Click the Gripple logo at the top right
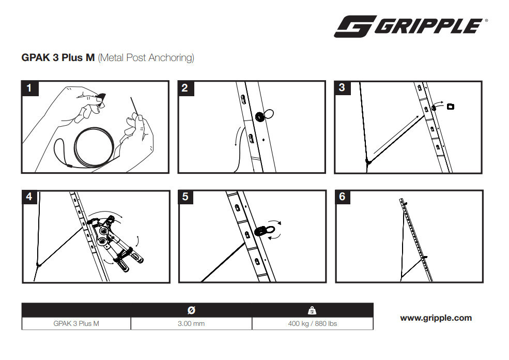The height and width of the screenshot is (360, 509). click(x=411, y=26)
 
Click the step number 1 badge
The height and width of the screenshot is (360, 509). click(x=29, y=88)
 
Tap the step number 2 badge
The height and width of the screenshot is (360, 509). click(x=186, y=88)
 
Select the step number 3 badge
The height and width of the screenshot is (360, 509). click(x=342, y=88)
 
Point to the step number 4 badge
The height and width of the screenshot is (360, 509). click(x=29, y=197)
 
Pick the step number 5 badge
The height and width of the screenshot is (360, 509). click(x=186, y=197)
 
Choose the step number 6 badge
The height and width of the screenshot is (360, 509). click(x=343, y=197)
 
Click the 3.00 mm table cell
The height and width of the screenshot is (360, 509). click(x=191, y=324)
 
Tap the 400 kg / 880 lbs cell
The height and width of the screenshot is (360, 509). click(x=313, y=324)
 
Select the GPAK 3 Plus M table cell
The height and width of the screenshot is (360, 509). click(x=76, y=324)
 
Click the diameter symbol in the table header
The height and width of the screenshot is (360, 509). click(x=192, y=310)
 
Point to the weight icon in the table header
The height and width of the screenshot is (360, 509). click(x=312, y=310)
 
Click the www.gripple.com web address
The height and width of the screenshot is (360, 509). click(x=436, y=318)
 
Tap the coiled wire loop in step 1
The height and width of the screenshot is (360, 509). click(x=94, y=147)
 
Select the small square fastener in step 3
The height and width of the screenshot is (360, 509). click(x=451, y=106)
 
